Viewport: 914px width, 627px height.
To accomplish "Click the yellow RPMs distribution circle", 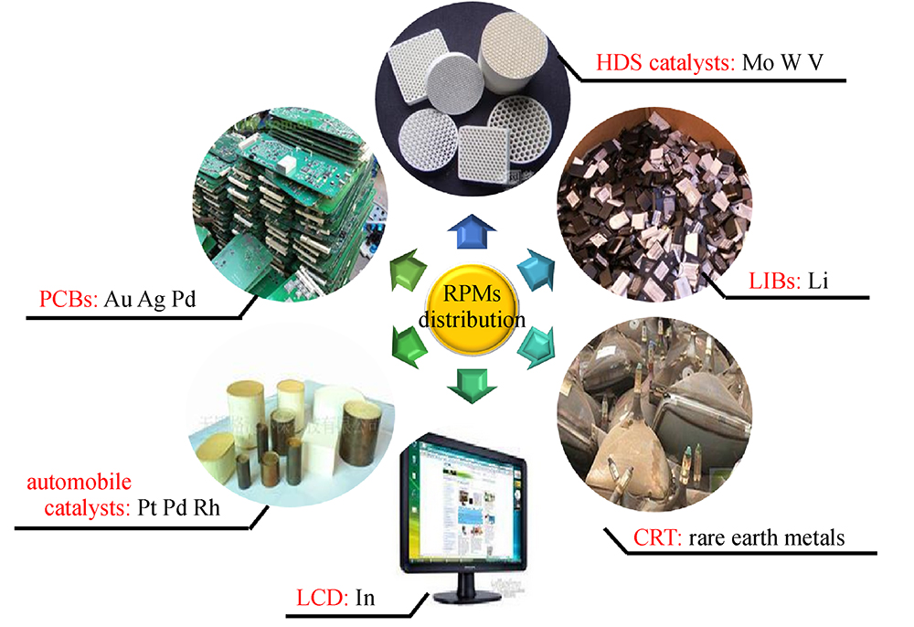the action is click(473, 309).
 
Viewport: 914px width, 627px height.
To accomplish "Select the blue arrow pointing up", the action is click(473, 232).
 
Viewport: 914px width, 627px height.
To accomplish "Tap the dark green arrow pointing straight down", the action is click(472, 385).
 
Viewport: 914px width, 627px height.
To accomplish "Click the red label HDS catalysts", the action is click(664, 62).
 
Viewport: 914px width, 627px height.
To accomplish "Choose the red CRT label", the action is click(657, 537).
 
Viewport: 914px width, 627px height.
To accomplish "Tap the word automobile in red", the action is click(79, 483).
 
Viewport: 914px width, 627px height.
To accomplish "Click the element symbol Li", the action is click(818, 282).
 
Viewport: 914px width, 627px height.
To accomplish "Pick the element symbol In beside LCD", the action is click(365, 598).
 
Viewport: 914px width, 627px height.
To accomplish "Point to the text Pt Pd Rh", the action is click(178, 507).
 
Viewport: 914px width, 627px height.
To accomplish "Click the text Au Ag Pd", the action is click(149, 300).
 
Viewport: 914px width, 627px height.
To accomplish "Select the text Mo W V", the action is click(782, 62).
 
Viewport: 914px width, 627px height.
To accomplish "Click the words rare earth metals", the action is click(766, 537).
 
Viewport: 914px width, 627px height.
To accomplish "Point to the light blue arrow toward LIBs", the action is click(537, 270).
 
